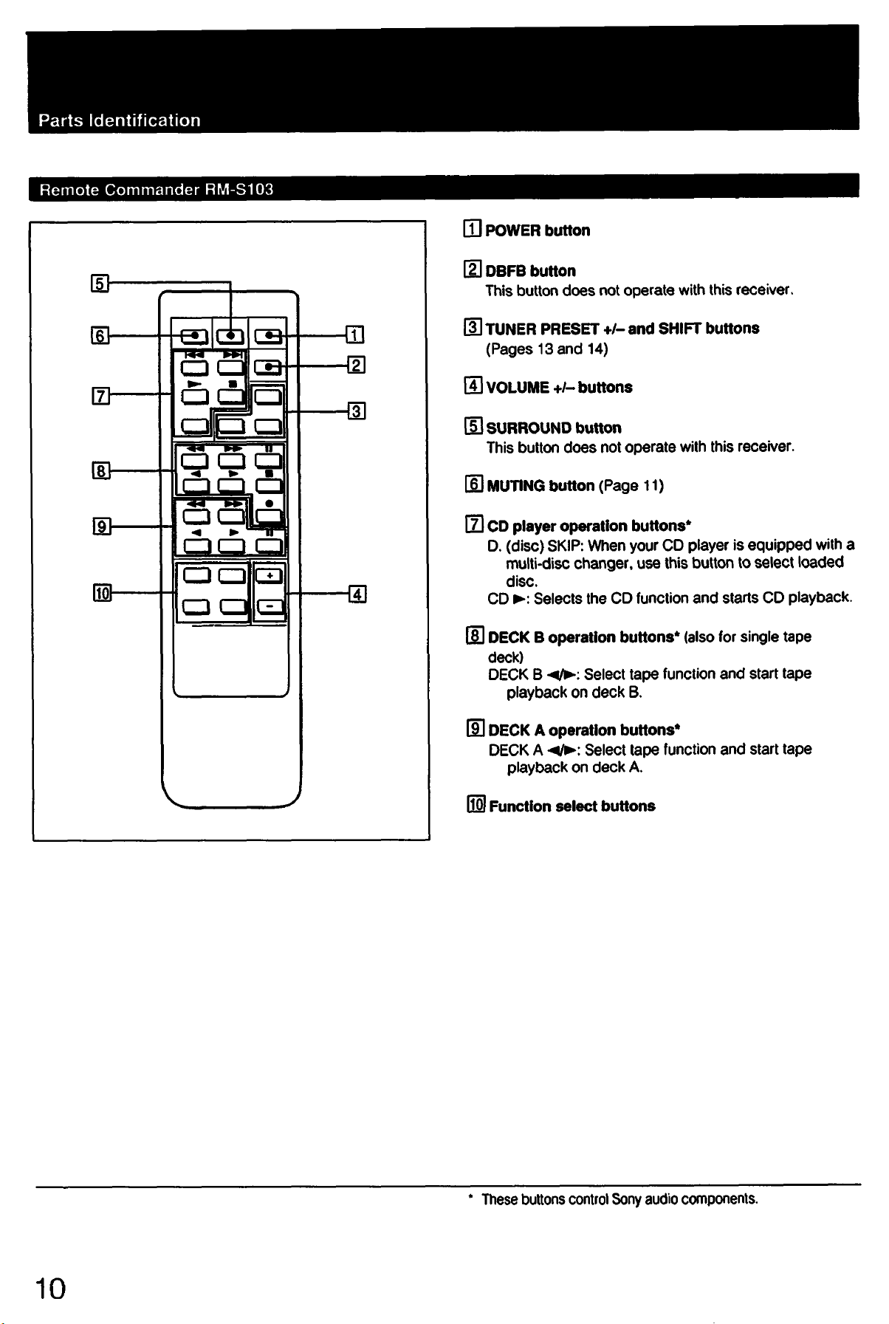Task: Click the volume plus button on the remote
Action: point(270,576)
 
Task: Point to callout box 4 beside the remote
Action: point(357,594)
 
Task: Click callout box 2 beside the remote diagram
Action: point(356,366)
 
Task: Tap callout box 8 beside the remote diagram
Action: point(100,470)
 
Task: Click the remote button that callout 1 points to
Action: point(269,337)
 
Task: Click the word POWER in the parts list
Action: point(513,230)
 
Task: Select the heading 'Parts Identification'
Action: point(120,120)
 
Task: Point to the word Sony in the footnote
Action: point(626,1199)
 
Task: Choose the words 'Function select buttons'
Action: point(572,806)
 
